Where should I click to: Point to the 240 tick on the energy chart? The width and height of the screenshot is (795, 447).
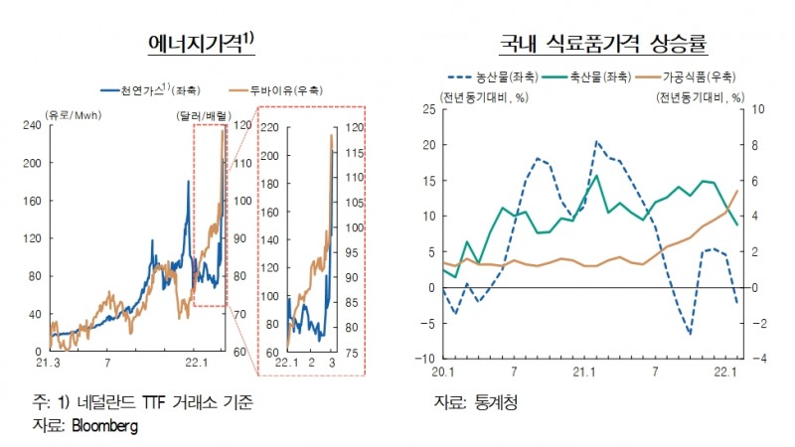coord(31,125)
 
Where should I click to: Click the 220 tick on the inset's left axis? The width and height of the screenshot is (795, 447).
coord(271,128)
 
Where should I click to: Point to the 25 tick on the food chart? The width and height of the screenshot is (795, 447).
coord(429,109)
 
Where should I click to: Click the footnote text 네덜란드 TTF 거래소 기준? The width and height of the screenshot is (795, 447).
coord(169,402)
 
